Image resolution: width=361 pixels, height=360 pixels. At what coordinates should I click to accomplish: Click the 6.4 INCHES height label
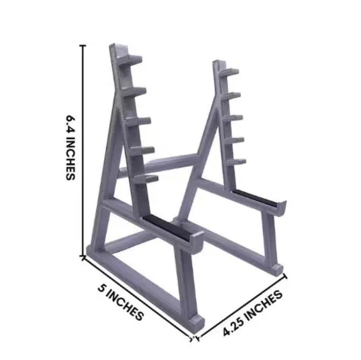(70, 148)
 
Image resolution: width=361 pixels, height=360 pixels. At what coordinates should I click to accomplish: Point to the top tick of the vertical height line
(84, 46)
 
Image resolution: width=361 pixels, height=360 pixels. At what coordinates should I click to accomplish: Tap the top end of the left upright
(113, 49)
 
